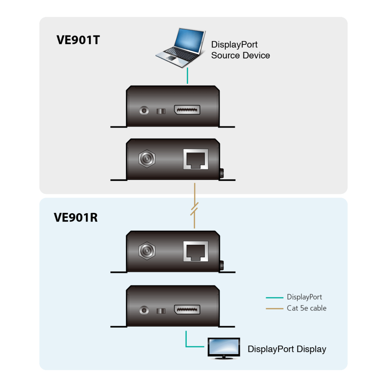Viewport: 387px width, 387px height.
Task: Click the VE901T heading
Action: [78, 40]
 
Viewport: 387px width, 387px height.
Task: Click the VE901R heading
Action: [76, 217]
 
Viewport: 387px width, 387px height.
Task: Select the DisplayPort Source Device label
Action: [240, 50]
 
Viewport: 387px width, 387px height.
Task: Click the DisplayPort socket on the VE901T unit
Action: [187, 110]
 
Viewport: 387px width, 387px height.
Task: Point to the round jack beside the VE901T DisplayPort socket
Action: [144, 111]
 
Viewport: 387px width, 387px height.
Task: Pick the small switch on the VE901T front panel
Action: [161, 111]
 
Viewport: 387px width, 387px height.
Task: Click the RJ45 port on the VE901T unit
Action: [196, 159]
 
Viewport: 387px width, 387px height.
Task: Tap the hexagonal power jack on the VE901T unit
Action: [147, 158]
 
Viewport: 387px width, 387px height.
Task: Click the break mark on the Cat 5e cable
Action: [194, 209]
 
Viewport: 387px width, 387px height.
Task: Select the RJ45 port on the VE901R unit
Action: [196, 251]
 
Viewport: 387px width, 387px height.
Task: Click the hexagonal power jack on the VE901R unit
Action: [147, 251]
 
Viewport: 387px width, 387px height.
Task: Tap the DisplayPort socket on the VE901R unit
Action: [187, 310]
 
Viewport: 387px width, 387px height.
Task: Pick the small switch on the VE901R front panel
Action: [161, 311]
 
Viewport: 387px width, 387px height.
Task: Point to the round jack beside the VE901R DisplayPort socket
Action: [144, 311]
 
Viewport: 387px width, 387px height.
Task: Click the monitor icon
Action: [224, 348]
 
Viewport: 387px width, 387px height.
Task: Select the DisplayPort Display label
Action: [287, 349]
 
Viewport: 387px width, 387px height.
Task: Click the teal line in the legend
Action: [274, 298]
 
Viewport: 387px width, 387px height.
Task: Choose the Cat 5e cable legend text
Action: [306, 308]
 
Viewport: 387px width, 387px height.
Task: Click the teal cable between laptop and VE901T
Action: [187, 76]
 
